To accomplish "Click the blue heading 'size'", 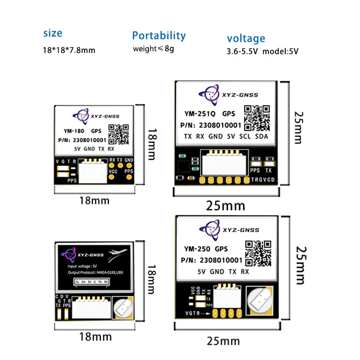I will point(53,33).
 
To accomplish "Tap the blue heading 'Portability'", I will point(158,36).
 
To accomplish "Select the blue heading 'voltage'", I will point(246,38).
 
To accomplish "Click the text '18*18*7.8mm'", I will point(69,50).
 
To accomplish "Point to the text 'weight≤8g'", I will point(153,49).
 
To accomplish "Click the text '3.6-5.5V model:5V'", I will point(262,51).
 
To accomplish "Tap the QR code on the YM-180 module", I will point(118,133).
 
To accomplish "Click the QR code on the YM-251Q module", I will point(256,117).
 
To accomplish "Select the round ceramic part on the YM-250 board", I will point(259,299).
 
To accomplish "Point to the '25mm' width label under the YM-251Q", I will point(225,206).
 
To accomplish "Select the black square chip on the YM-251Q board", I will point(184,168).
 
